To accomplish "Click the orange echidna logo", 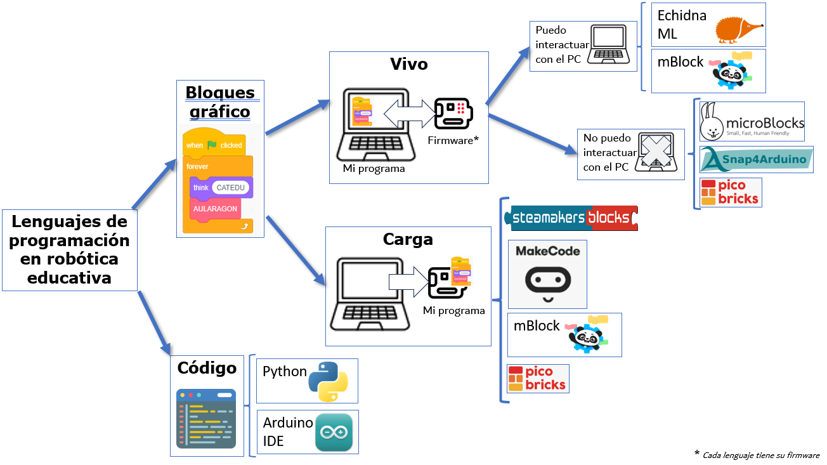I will (x=738, y=28).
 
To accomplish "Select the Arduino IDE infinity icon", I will (x=334, y=432).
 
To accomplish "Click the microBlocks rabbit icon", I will (x=712, y=122).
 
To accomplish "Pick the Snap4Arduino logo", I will (x=757, y=159).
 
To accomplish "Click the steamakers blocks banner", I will (x=571, y=218).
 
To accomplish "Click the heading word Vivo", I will (x=408, y=64).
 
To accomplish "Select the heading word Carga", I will (x=408, y=239).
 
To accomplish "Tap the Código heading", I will (x=207, y=367).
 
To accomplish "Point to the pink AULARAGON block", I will (x=216, y=209).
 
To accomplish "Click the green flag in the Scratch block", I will (x=212, y=145).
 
